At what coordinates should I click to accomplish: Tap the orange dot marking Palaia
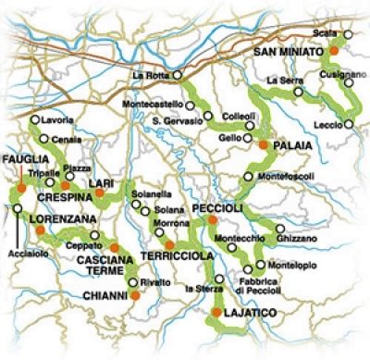pyautogui.click(x=264, y=145)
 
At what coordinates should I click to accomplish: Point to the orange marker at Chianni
pyautogui.click(x=134, y=294)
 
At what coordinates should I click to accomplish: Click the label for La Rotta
pyautogui.click(x=150, y=74)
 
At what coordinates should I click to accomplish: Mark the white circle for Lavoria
pyautogui.click(x=34, y=119)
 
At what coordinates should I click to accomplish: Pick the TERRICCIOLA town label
pyautogui.click(x=177, y=254)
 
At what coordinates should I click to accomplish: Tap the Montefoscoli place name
pyautogui.click(x=283, y=177)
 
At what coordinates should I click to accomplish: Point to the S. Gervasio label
pyautogui.click(x=175, y=121)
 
